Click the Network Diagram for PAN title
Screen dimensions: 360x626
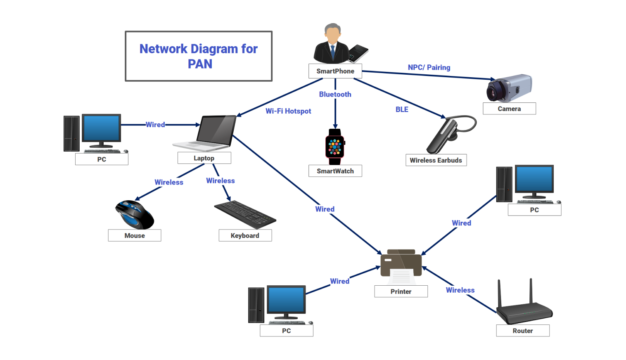[199, 56]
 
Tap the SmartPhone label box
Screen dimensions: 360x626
[335, 71]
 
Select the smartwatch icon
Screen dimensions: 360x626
[335, 147]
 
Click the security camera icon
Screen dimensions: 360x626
[509, 88]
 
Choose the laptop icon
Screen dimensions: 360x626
[205, 133]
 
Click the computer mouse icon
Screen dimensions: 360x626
[134, 214]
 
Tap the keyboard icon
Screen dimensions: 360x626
[245, 214]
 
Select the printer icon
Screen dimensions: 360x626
[401, 266]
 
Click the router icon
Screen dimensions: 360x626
[524, 306]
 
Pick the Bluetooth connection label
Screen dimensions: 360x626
[335, 95]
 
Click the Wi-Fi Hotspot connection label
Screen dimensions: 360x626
[288, 111]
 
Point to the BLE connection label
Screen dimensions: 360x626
[402, 109]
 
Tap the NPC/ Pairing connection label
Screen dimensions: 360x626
[429, 67]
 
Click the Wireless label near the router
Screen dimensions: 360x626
[460, 290]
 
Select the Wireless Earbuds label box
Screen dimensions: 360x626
[436, 160]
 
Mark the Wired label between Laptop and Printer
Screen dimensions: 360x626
[325, 209]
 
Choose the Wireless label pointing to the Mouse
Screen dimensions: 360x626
[168, 182]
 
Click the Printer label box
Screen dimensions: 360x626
[401, 291]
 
